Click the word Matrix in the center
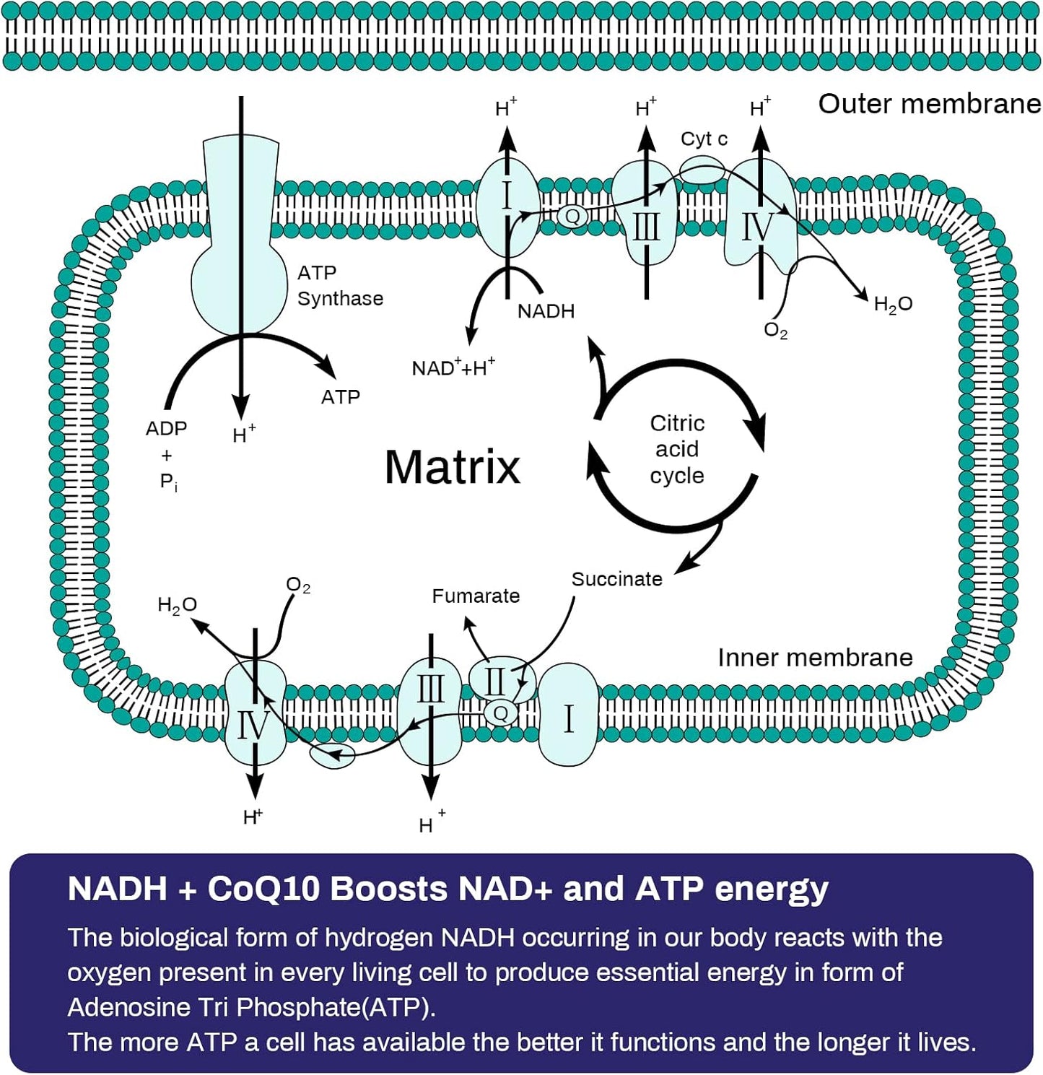(x=452, y=467)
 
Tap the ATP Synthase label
(x=339, y=285)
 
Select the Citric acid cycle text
(x=676, y=449)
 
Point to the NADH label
(x=546, y=311)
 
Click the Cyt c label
(x=704, y=139)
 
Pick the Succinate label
(x=616, y=579)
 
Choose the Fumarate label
(x=476, y=596)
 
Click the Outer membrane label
(x=929, y=104)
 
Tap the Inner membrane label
(x=815, y=658)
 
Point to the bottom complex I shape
(x=569, y=716)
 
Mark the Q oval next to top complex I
(x=572, y=215)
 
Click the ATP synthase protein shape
(x=240, y=238)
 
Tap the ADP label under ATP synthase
(x=166, y=429)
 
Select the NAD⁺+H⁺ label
(x=453, y=367)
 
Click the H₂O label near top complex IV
(x=893, y=305)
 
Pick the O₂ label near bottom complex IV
(x=298, y=585)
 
